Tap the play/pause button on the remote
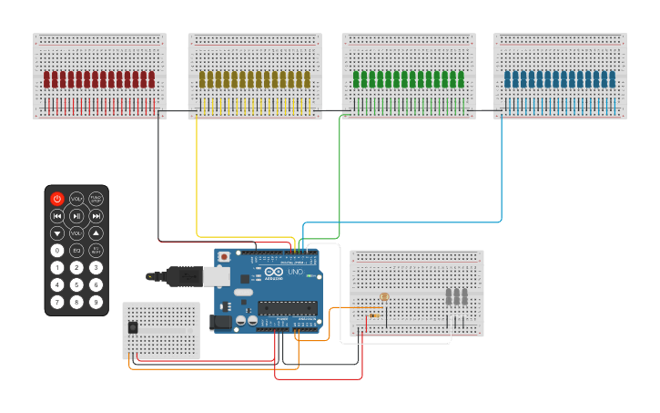(76, 216)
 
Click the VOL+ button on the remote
(76, 199)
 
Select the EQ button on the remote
(76, 250)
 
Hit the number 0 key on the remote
(57, 250)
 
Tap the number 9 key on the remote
(96, 302)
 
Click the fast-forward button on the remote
(96, 216)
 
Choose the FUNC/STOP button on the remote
(96, 199)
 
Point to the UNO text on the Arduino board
(295, 272)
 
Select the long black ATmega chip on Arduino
(287, 307)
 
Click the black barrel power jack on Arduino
(220, 322)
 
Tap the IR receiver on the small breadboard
(133, 326)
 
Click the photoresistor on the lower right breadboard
(384, 297)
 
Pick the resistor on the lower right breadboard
(373, 316)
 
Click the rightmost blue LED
(609, 79)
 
